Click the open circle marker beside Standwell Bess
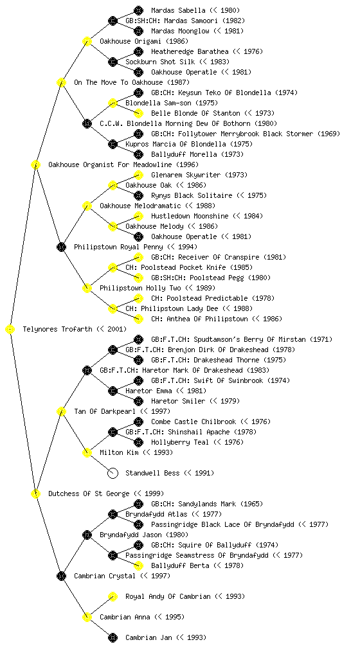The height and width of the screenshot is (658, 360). coord(113,473)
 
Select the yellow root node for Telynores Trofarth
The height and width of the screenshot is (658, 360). coord(10,329)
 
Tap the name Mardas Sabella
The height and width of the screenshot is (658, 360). coord(178,10)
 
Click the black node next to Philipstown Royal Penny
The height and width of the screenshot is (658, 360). coord(61,247)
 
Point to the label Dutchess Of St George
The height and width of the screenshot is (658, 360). coord(89,493)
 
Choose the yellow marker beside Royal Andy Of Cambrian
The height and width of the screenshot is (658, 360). coord(113,596)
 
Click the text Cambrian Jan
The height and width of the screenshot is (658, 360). coord(149,637)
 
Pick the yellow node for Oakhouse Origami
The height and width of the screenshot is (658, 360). coord(87,41)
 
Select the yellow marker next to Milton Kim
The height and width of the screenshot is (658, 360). coord(87,452)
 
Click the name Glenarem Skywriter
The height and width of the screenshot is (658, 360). coord(186,175)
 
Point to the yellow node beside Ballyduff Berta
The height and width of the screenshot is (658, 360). coord(138,565)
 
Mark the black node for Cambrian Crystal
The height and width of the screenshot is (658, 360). coord(61,576)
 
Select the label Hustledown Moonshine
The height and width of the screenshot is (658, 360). coord(190,216)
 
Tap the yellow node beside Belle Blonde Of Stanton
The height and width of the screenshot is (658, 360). coord(138,113)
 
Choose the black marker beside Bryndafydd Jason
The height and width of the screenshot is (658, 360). coord(87,535)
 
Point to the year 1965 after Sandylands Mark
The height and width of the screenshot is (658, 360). coord(251,504)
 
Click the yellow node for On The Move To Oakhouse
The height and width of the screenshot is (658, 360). coord(61,82)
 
